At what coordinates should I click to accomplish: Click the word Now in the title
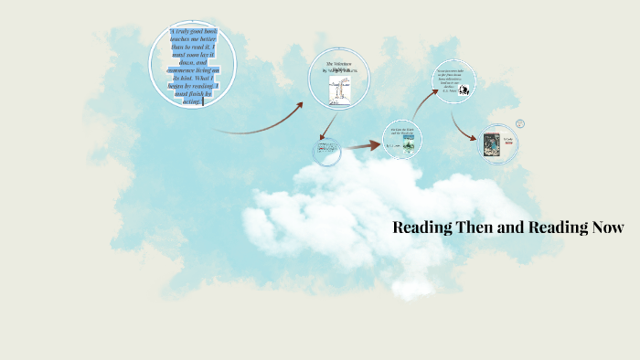605,228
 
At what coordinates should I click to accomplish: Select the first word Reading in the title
424,228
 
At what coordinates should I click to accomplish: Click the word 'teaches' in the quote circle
184,42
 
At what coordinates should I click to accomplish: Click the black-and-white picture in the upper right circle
464,90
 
